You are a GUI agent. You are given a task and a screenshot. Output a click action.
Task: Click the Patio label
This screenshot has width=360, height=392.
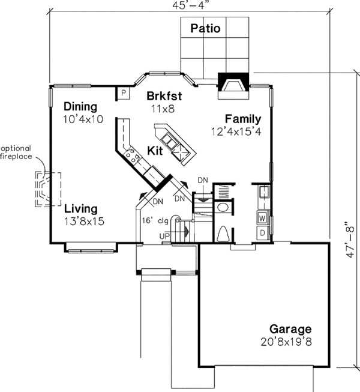(x=205, y=28)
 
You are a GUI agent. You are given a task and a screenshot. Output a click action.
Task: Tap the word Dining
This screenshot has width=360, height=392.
(x=80, y=107)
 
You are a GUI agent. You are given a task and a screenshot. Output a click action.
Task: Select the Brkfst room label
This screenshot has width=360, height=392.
(x=163, y=95)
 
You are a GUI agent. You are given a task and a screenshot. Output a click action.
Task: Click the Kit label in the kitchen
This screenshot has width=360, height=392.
(x=155, y=149)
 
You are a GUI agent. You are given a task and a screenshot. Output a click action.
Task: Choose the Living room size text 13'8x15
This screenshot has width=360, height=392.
(x=85, y=221)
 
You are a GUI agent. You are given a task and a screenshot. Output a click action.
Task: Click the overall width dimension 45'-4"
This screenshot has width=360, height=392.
(x=190, y=7)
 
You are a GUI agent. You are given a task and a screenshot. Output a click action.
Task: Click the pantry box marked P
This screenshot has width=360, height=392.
(x=123, y=93)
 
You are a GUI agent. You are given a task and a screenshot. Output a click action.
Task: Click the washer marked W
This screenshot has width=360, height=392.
(x=263, y=217)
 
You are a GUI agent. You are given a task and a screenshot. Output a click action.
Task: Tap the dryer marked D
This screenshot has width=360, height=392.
(x=263, y=232)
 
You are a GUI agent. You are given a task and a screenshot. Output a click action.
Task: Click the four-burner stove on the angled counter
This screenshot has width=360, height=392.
(x=132, y=157)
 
